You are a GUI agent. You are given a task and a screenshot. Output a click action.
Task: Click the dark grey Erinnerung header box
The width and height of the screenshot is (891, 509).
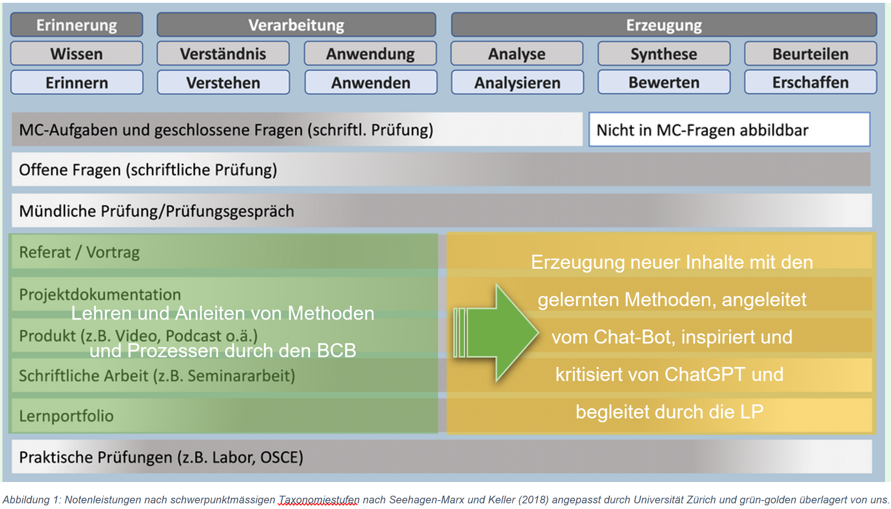coord(77,25)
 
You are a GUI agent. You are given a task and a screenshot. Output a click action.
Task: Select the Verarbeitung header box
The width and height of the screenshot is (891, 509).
coord(296,25)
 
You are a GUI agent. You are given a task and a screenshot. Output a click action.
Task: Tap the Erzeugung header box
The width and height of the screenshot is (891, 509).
coord(664,25)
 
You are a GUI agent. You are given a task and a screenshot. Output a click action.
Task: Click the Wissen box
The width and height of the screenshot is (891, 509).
coord(77,54)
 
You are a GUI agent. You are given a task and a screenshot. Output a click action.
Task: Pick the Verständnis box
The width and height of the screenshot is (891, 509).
coord(223,54)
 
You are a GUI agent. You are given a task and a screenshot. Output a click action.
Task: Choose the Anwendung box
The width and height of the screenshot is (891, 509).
coord(370,54)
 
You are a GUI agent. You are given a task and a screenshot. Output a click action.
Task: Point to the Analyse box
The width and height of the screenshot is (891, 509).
coord(517,54)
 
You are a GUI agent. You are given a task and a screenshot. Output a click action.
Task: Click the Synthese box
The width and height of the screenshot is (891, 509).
coord(664,54)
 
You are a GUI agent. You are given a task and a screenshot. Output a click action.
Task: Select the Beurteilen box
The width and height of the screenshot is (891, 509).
coord(810,54)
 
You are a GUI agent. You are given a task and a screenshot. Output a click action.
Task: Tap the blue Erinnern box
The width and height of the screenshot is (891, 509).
coord(77,83)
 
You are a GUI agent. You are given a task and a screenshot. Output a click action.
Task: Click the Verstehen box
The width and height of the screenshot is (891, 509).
coord(223,83)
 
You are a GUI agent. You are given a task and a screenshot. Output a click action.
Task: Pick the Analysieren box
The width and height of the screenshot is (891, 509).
coord(517,83)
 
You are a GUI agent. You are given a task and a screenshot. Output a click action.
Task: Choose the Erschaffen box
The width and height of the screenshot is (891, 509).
coord(810,82)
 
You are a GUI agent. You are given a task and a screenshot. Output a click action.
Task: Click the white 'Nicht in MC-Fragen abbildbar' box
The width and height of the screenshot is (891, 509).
coord(729,130)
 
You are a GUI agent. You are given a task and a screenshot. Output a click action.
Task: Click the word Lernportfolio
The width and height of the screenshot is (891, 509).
coord(66,416)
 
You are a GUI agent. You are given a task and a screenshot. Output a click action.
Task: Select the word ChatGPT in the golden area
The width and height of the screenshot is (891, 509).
coord(705,374)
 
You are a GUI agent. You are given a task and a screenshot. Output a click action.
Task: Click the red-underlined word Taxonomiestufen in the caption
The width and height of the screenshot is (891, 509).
coord(318,500)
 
